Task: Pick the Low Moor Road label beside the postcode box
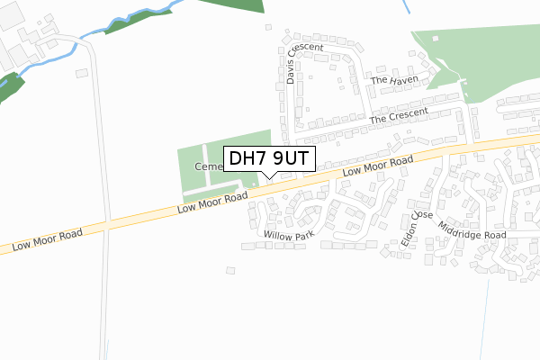pyautogui.click(x=377, y=166)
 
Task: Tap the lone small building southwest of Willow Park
pyautogui.click(x=230, y=268)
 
